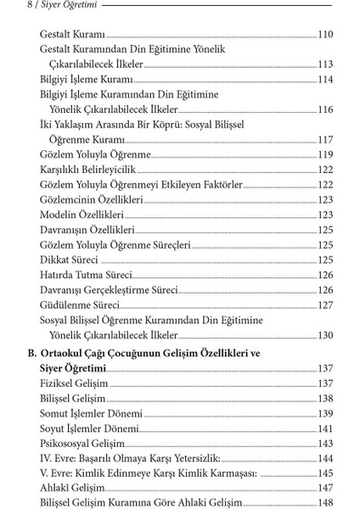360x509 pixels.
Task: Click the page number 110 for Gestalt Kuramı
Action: [x=325, y=35]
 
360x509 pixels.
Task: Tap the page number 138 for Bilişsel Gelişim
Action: [x=325, y=398]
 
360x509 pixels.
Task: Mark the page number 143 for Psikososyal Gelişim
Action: [x=325, y=443]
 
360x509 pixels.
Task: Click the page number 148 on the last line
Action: [x=325, y=502]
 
